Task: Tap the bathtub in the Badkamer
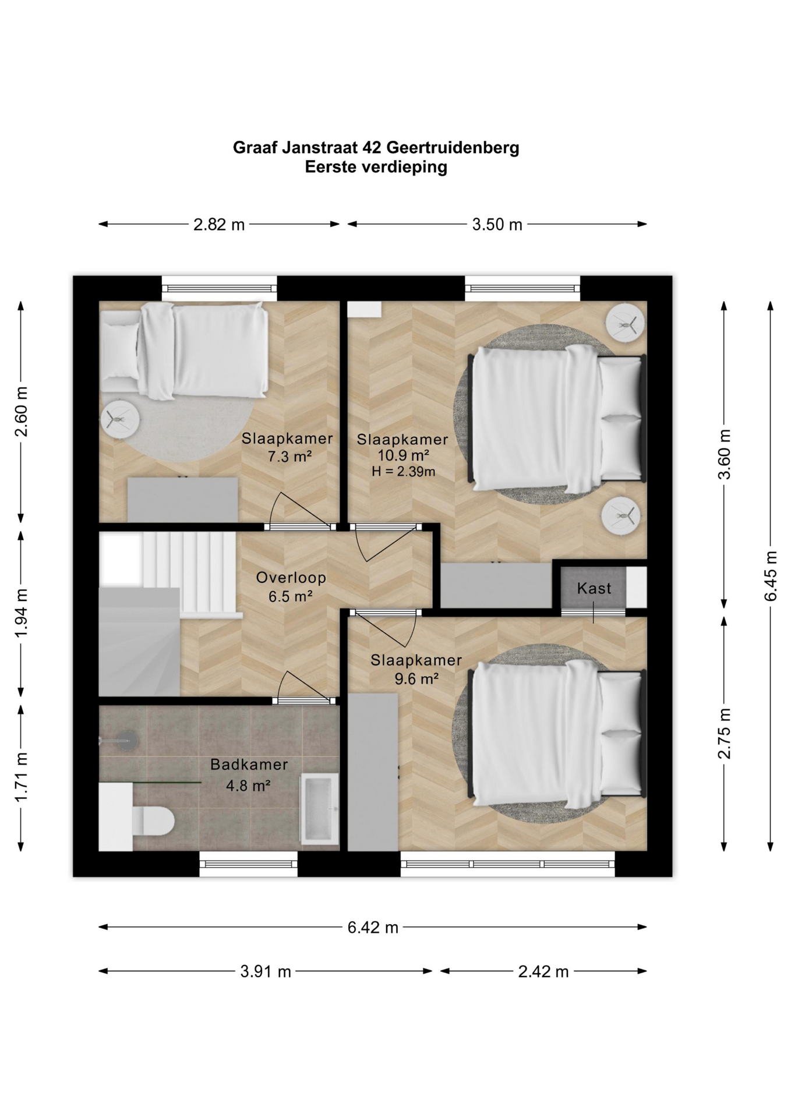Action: tap(319, 809)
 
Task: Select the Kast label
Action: tap(594, 588)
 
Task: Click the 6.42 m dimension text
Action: tap(373, 927)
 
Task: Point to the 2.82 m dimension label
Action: tap(219, 224)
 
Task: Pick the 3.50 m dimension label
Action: tap(497, 224)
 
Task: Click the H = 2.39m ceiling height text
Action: tap(404, 472)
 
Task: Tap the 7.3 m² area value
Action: tap(289, 457)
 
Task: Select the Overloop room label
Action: tap(291, 578)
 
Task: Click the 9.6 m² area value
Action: tap(416, 678)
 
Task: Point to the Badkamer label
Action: tap(249, 765)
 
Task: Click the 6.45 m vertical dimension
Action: tap(771, 576)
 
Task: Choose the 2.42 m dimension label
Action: tap(543, 971)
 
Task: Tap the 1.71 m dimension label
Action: tap(21, 777)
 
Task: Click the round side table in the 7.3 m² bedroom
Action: tap(120, 419)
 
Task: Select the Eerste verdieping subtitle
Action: tap(376, 167)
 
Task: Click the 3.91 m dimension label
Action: tap(266, 971)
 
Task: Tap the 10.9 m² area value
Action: tap(404, 455)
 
